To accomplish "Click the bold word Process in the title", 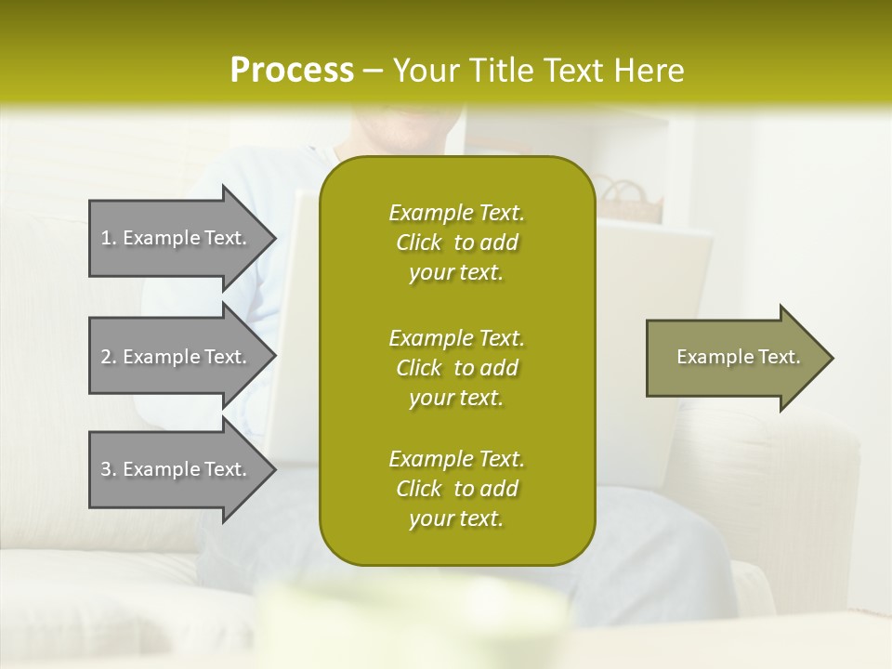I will coord(292,71).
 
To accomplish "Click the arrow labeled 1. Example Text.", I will coord(177,238).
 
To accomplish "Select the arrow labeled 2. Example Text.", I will coord(177,357).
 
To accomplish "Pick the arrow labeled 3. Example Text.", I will coord(177,469).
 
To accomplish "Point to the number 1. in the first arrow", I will coord(109,239).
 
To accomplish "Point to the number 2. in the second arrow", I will coord(109,358).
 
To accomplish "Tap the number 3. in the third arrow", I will coord(109,470).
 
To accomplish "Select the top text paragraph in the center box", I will coord(456,243).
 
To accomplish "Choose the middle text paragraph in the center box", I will coord(456,367).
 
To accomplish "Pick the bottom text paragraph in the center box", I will coord(456,489).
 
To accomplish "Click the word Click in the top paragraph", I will coord(419,243).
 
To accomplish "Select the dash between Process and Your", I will coord(374,72).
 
